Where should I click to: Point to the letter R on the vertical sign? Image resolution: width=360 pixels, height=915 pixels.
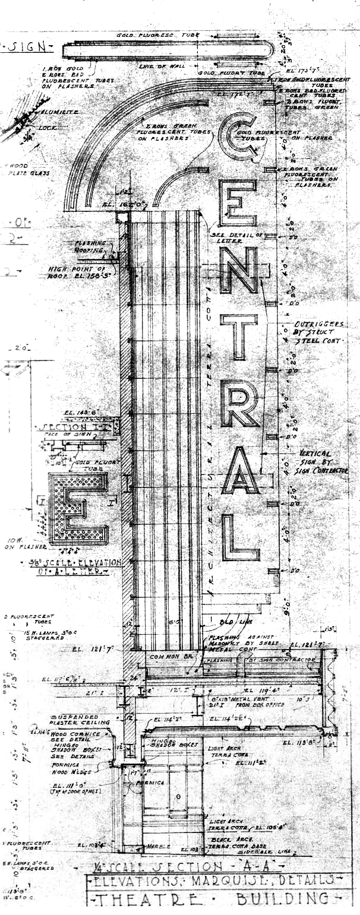[x=239, y=403]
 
